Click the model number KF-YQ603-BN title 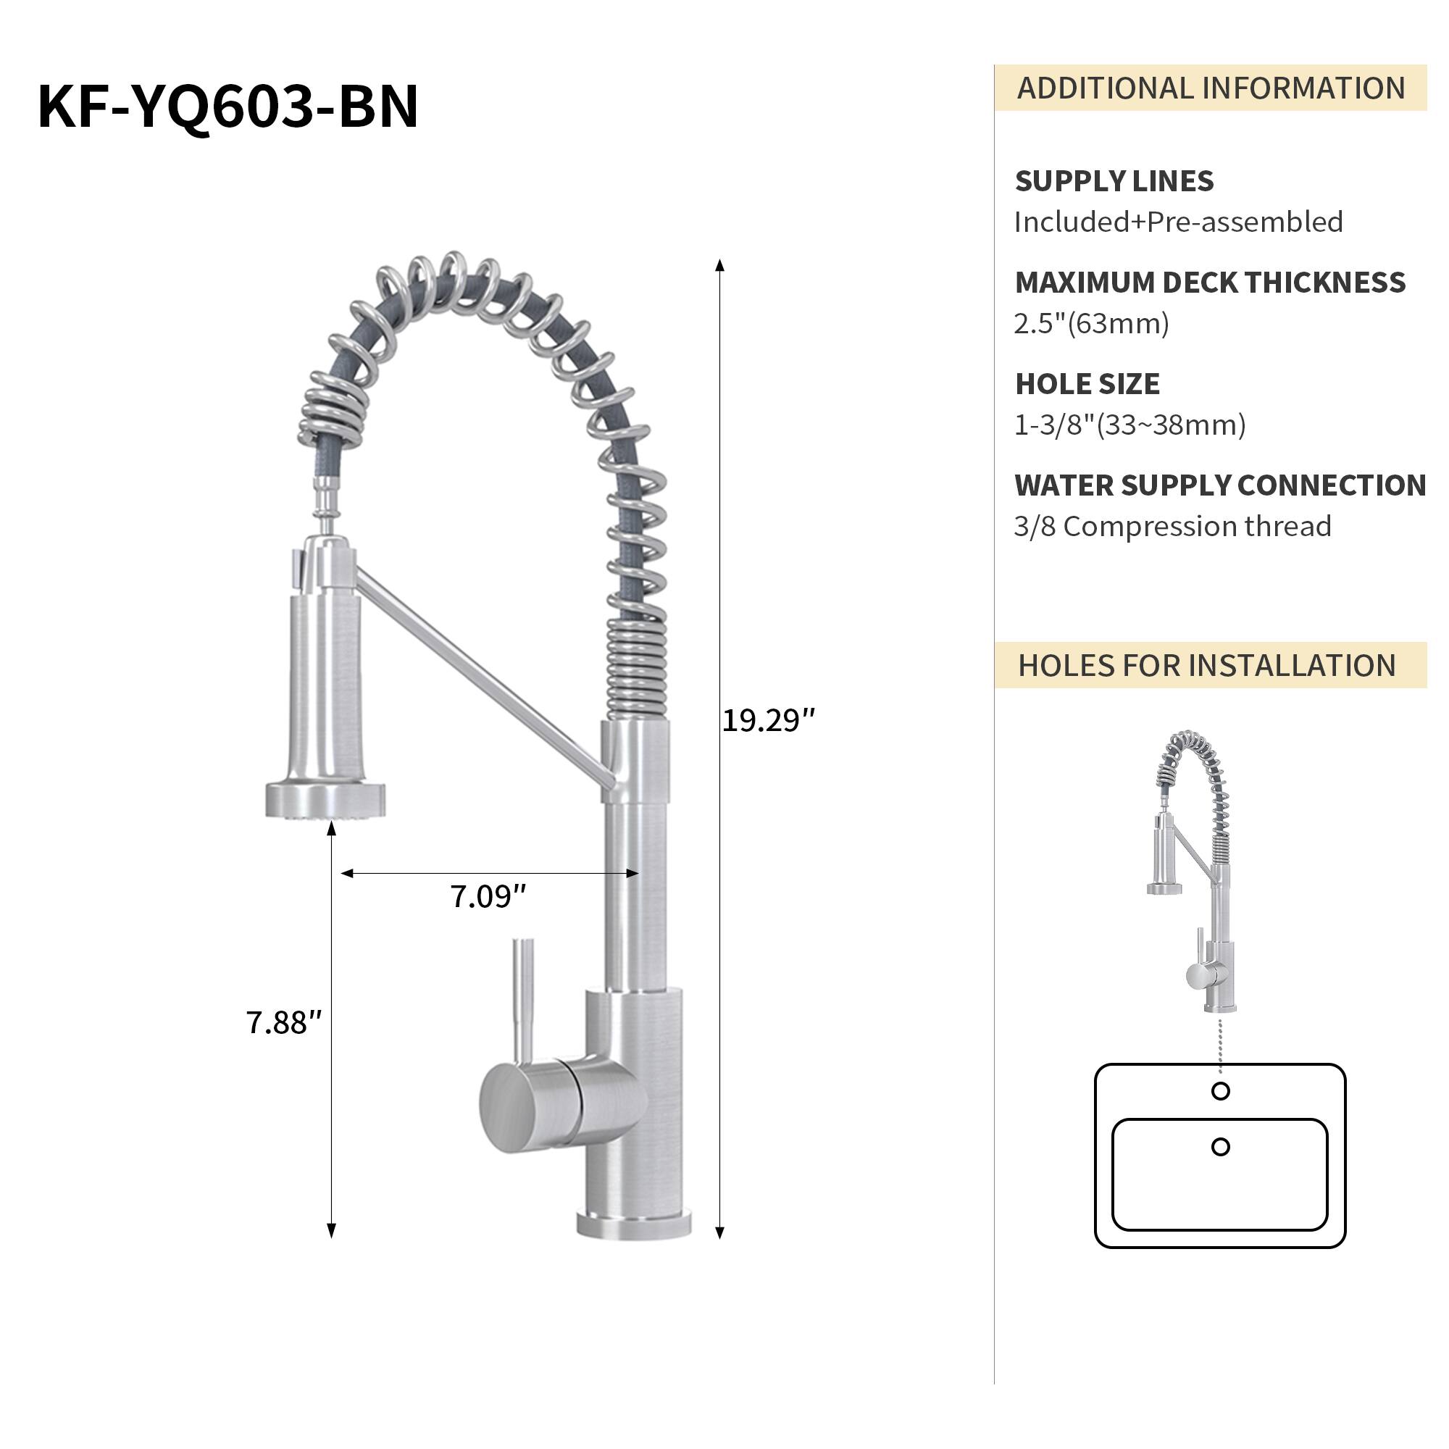coord(227,107)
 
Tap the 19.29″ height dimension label coord(767,721)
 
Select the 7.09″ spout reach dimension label coord(488,897)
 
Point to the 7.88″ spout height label coord(283,1023)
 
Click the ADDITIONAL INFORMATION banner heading coord(1210,88)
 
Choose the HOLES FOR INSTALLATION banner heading coord(1206,666)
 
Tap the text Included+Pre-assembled coord(1177,222)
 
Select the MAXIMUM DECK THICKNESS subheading coord(1210,283)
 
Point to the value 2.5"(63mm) coord(1091,324)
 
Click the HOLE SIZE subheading coord(1087,384)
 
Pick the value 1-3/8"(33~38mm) coord(1129,425)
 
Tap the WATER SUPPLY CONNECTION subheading coord(1219,485)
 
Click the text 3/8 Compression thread coord(1172,527)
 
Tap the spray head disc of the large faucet coord(325,801)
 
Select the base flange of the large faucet coord(634,1224)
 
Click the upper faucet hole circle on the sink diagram coord(1220,1091)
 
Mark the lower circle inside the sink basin coord(1220,1147)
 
